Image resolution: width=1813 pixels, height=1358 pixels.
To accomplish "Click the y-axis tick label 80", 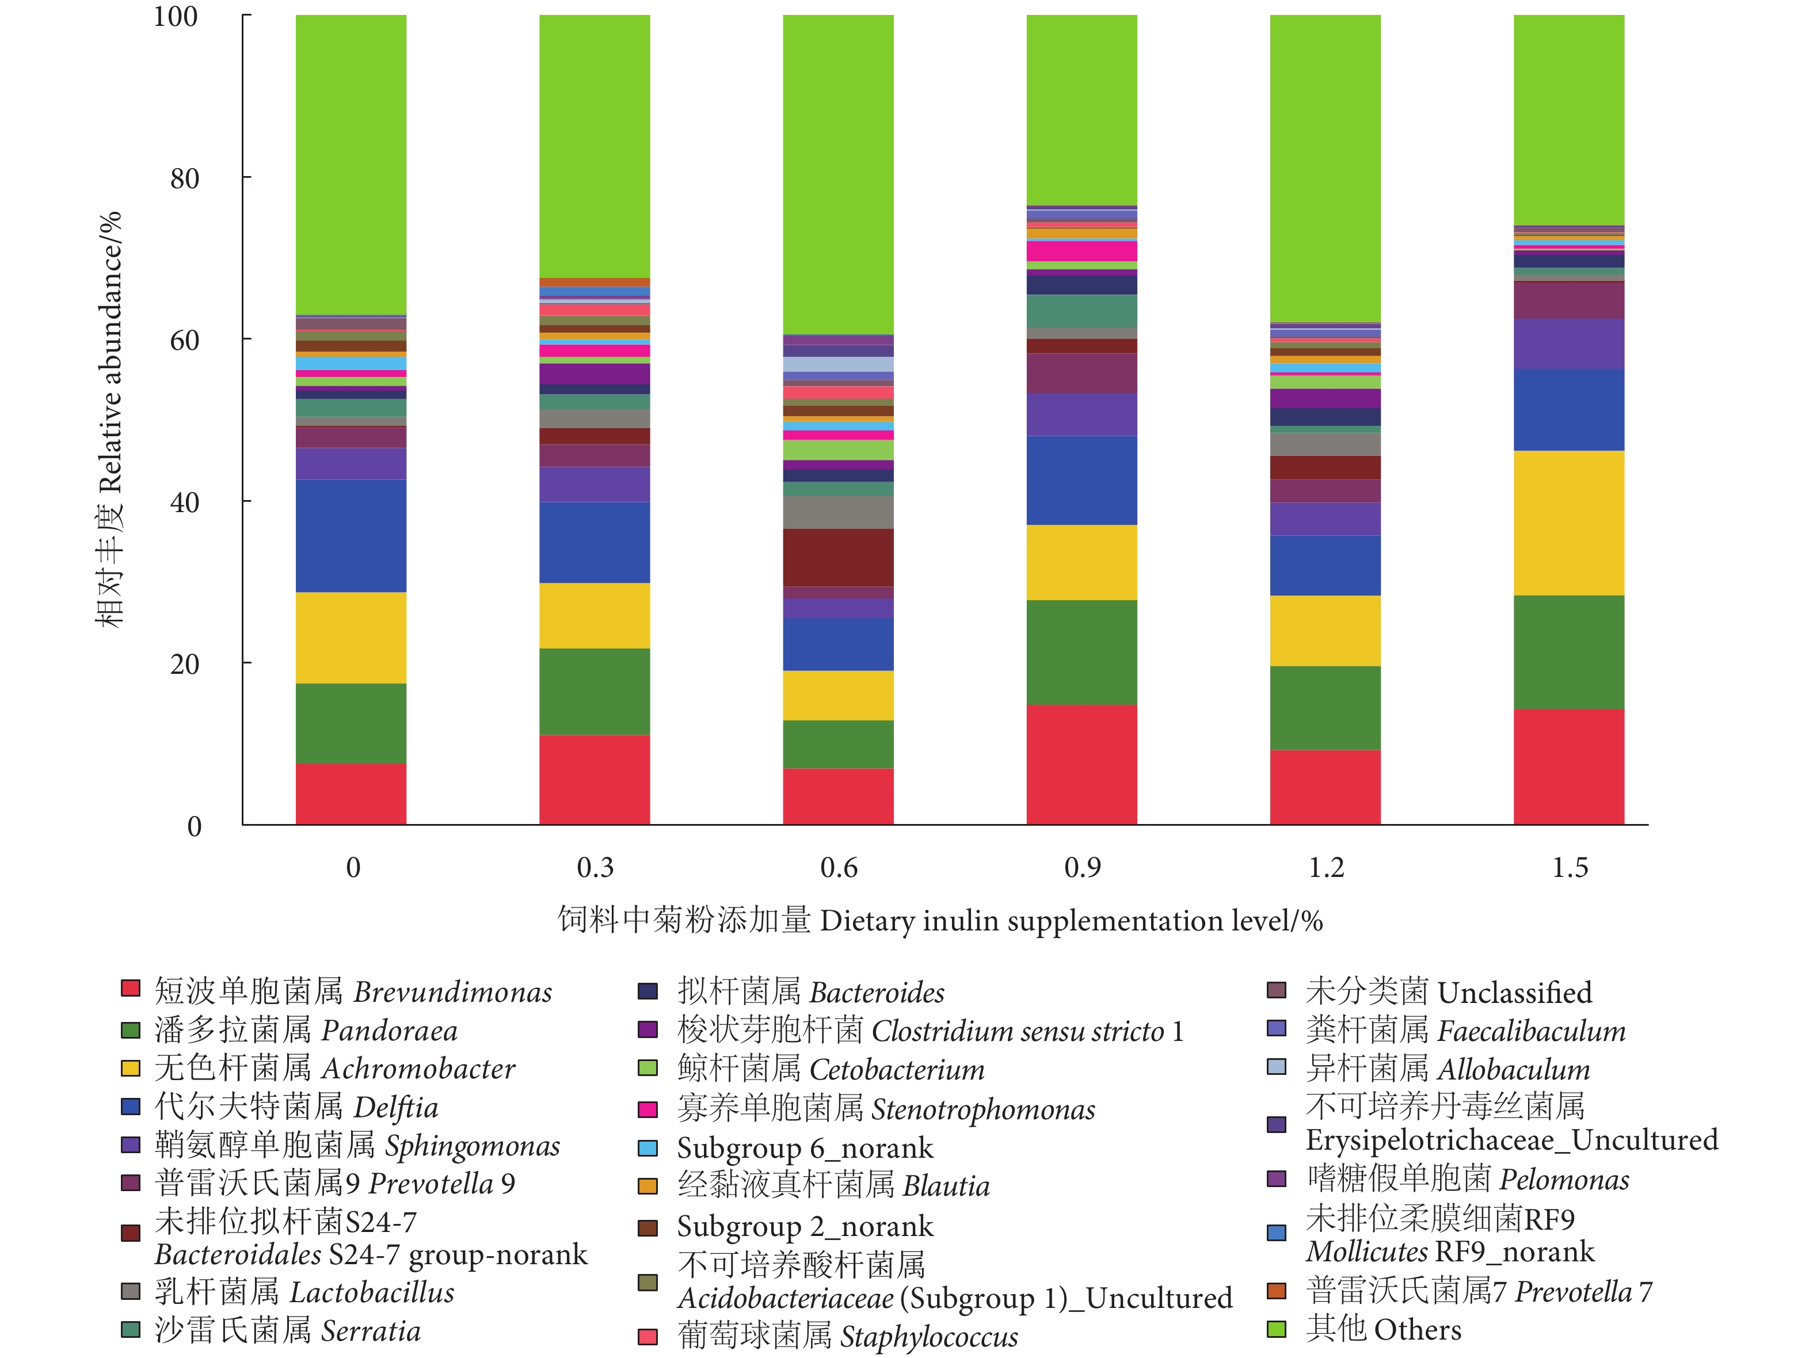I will point(184,178).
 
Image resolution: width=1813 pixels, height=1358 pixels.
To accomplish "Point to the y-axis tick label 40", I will point(184,502).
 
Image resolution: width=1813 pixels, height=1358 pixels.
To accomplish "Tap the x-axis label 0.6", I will point(839,867).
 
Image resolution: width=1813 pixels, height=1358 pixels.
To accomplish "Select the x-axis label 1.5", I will point(1570,867).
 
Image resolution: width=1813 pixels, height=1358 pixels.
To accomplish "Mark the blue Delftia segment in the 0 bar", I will point(351,536).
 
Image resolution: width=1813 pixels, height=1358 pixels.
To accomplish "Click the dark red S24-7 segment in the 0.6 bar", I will point(837,557).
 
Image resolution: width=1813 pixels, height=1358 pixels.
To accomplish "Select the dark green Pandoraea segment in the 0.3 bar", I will point(594,692).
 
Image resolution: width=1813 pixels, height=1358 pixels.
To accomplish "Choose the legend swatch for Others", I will point(1276,1329).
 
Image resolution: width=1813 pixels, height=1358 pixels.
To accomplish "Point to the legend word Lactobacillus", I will point(372,1292).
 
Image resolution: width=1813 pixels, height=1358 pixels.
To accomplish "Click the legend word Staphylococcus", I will point(928,1337).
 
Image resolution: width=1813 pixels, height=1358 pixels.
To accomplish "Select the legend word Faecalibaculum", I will point(1531,1031).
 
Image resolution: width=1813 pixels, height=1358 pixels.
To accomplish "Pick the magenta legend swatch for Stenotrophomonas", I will point(647,1109).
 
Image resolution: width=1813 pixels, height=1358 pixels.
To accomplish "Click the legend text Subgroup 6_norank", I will point(804,1148).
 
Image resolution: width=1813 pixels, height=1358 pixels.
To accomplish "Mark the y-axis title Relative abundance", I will point(110,352).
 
